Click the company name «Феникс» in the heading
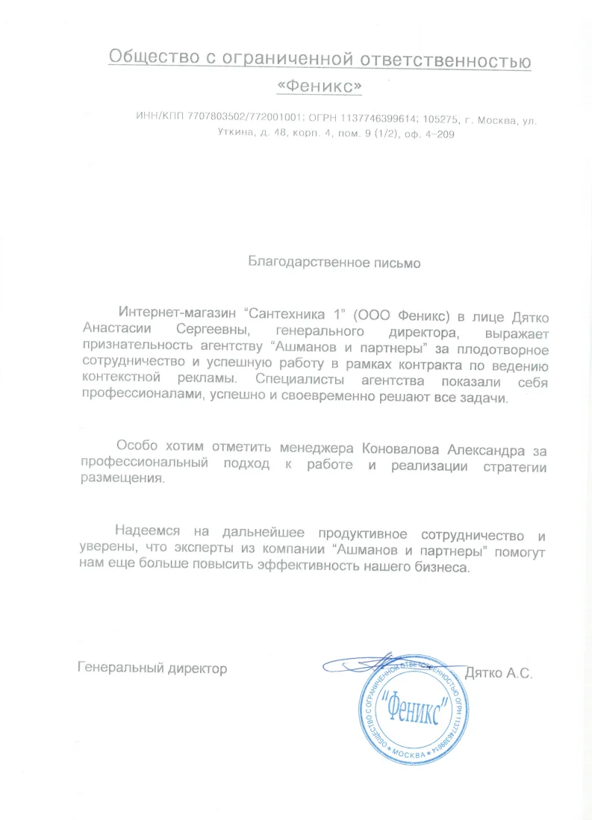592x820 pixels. pos(319,88)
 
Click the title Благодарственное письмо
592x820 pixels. pos(334,263)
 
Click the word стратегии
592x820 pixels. pos(514,467)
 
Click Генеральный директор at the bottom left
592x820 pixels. pos(152,669)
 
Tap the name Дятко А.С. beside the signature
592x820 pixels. pos(497,673)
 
